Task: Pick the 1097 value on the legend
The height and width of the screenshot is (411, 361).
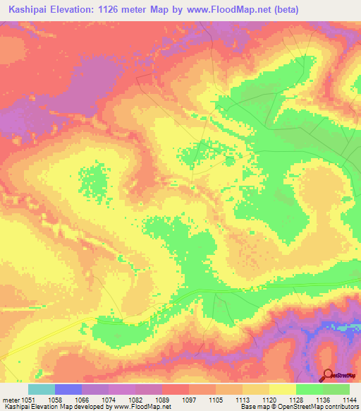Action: point(169,400)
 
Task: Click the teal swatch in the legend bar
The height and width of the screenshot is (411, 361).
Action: point(41,389)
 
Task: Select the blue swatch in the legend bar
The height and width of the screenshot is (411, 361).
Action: point(68,389)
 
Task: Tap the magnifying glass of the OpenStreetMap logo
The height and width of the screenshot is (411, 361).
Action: point(327,376)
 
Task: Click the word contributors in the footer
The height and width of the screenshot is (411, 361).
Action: point(341,407)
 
